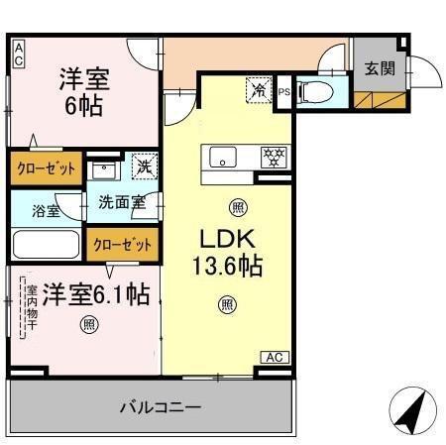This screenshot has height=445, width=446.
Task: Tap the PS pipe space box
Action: [283, 92]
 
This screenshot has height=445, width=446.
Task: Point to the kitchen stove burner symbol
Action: [272, 157]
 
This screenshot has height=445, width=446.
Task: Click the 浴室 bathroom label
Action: [45, 210]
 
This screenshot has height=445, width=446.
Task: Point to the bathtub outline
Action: [47, 244]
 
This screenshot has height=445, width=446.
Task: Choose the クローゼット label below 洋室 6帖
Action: [46, 168]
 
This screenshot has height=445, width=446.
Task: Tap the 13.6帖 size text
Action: [228, 268]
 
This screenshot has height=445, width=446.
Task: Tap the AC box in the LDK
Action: [274, 357]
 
